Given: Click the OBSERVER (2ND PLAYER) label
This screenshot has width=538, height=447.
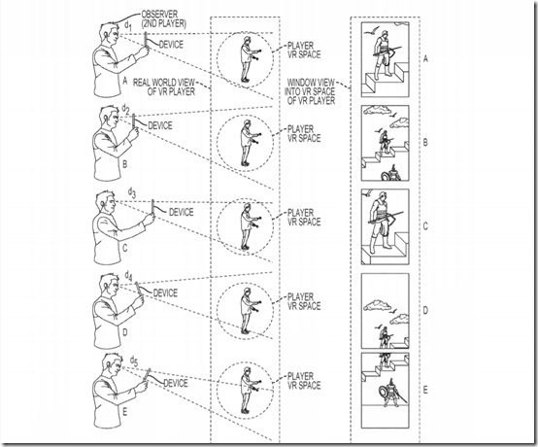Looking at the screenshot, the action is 164,19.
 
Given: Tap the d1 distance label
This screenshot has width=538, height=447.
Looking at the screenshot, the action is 127,25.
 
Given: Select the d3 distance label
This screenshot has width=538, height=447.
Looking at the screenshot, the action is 132,192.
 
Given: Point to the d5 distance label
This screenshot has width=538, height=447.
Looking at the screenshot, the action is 134,361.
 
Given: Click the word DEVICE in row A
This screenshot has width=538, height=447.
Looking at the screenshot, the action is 171,45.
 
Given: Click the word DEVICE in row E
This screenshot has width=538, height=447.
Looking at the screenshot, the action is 176,383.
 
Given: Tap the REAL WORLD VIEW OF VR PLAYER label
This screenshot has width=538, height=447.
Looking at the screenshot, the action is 164,87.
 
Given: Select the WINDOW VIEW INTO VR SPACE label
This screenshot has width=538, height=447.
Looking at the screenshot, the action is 311,91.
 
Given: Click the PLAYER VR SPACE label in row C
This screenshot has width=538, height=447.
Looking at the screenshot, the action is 304,218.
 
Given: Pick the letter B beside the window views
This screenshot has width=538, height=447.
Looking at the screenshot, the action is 425,142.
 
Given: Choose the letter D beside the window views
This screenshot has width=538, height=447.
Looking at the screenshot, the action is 425,311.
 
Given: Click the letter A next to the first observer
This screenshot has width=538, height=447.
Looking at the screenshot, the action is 125,81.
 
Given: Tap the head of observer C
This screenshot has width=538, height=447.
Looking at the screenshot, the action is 106,202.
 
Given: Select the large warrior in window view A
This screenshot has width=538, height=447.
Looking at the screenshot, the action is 384,55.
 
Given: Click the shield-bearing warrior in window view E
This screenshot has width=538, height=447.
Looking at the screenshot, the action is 390,393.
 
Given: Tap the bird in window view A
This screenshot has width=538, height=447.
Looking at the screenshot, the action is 369,32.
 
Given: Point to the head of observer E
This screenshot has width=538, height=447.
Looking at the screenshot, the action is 113,365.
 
